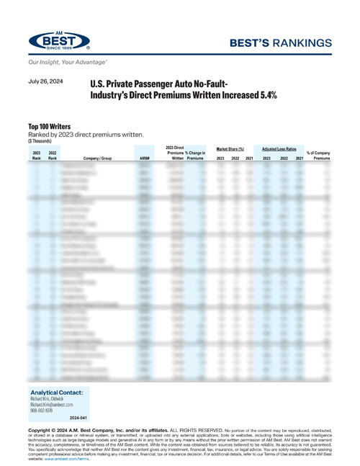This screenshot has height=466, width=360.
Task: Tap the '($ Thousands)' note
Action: (x=40, y=140)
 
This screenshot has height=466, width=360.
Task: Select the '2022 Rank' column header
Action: (x=53, y=155)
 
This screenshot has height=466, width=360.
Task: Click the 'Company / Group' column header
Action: (x=97, y=157)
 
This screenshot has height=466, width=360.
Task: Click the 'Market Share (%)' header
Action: (x=234, y=148)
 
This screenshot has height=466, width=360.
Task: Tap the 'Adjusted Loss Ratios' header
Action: (x=282, y=148)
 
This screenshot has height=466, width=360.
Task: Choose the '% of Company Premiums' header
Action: (x=318, y=155)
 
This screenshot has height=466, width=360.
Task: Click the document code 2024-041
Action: (x=78, y=418)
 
